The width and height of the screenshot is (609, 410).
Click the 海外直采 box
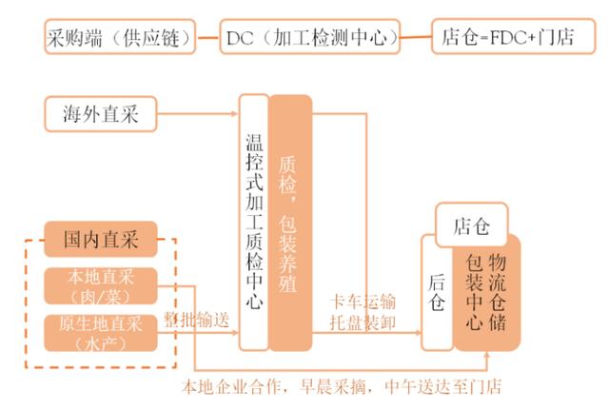click(x=99, y=114)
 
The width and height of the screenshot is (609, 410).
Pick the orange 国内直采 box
click(x=100, y=240)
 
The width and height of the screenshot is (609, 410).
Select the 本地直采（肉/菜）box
click(x=100, y=286)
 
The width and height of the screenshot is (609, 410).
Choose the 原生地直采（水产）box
click(x=100, y=332)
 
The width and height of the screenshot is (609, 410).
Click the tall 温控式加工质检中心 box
click(x=252, y=221)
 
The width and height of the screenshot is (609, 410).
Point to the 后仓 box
click(x=437, y=291)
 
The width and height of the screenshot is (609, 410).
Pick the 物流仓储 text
click(x=501, y=291)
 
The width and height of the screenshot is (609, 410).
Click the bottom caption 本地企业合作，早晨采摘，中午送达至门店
click(x=342, y=386)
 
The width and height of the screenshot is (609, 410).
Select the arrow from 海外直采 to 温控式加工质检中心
click(x=195, y=115)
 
